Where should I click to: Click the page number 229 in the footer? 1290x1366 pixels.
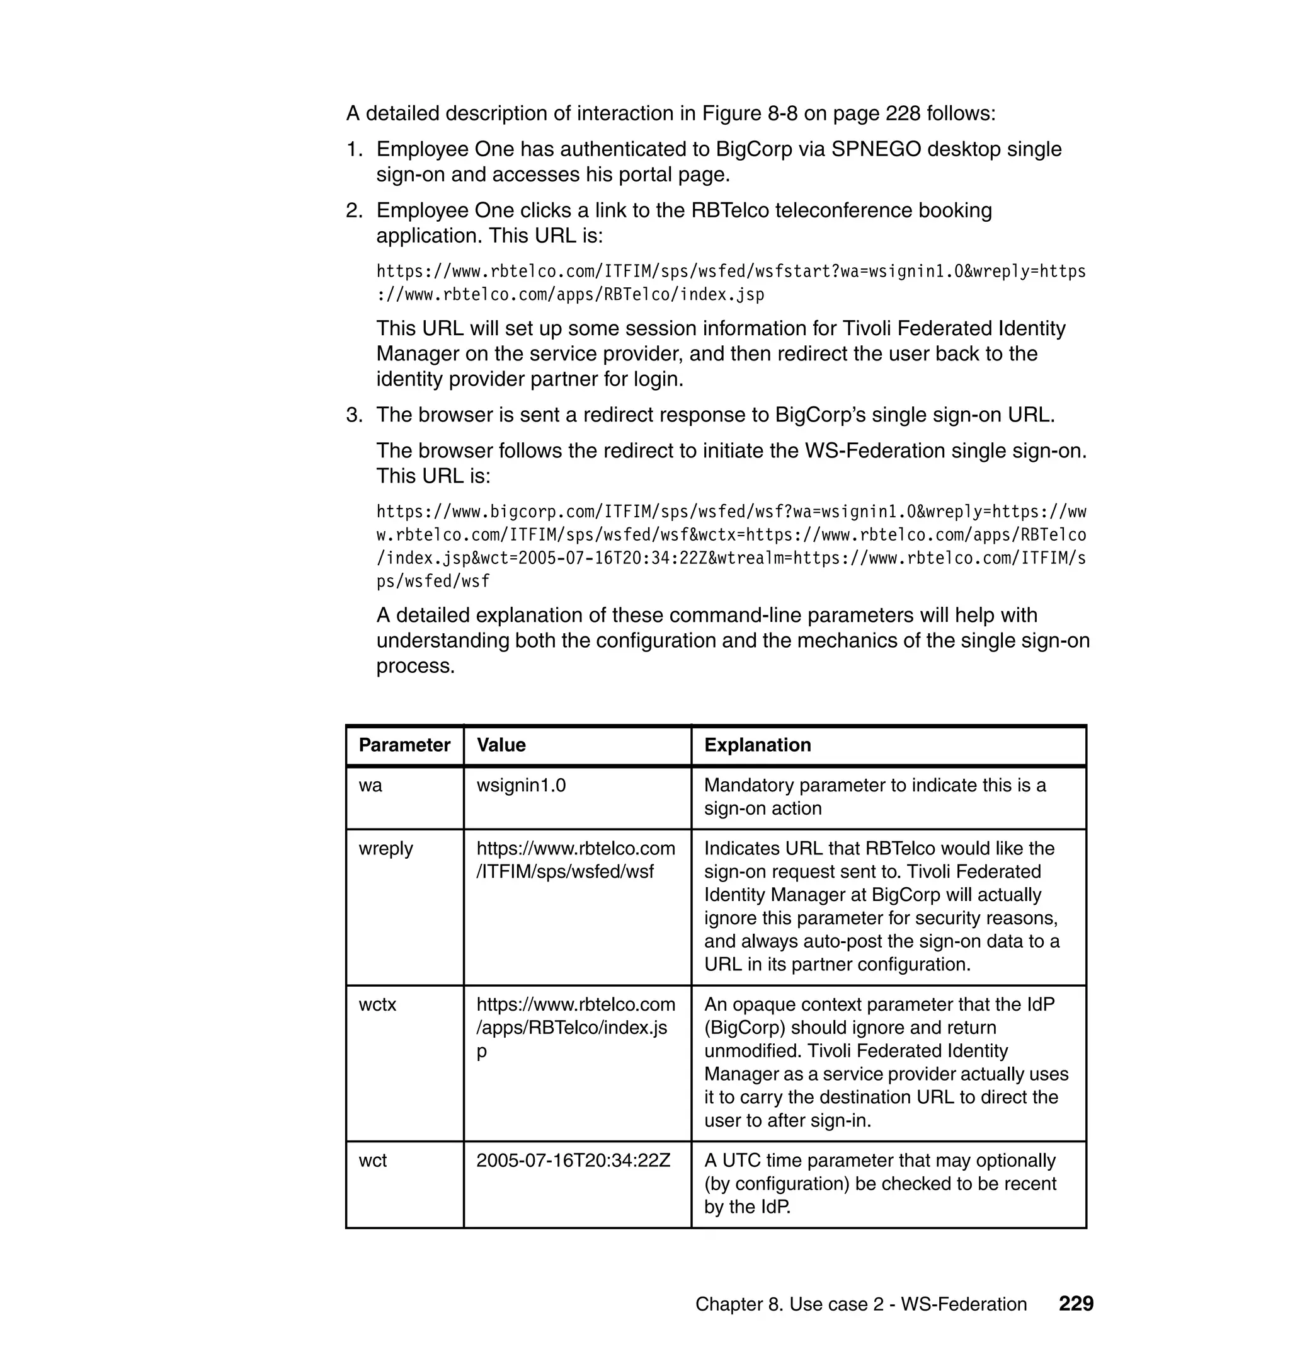(x=1075, y=1304)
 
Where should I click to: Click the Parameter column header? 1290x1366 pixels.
(x=404, y=745)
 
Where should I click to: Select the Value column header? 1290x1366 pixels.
(x=501, y=745)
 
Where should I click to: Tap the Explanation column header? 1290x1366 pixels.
(x=757, y=745)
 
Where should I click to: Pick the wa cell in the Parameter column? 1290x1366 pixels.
(x=370, y=786)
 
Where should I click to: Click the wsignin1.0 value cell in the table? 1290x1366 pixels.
(x=521, y=786)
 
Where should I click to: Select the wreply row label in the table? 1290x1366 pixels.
(x=385, y=849)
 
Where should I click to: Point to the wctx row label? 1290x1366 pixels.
(x=377, y=1005)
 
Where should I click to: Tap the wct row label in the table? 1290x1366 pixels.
(x=373, y=1161)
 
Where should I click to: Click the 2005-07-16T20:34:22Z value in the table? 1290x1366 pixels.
(x=573, y=1161)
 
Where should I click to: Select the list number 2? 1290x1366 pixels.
(x=353, y=210)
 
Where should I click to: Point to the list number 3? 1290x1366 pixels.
(x=353, y=415)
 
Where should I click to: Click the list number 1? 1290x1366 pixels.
(x=353, y=149)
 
